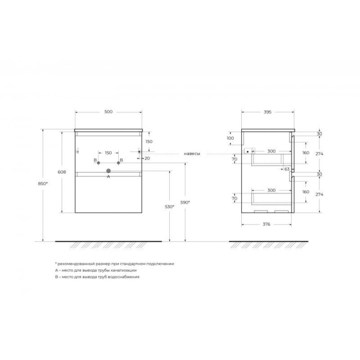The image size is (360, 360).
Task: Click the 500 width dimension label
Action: (x=108, y=112)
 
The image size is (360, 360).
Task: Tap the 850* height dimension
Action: (x=43, y=184)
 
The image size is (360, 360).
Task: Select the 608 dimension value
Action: (x=62, y=172)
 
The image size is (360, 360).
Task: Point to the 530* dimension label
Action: (x=170, y=207)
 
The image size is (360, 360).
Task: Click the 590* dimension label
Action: (x=185, y=202)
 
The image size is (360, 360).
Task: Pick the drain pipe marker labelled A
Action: (x=108, y=171)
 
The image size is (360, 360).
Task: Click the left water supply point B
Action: (x=99, y=163)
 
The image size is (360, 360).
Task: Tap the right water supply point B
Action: (x=118, y=163)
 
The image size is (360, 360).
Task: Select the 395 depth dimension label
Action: (x=267, y=112)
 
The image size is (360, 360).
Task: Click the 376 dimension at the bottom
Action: (x=266, y=224)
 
